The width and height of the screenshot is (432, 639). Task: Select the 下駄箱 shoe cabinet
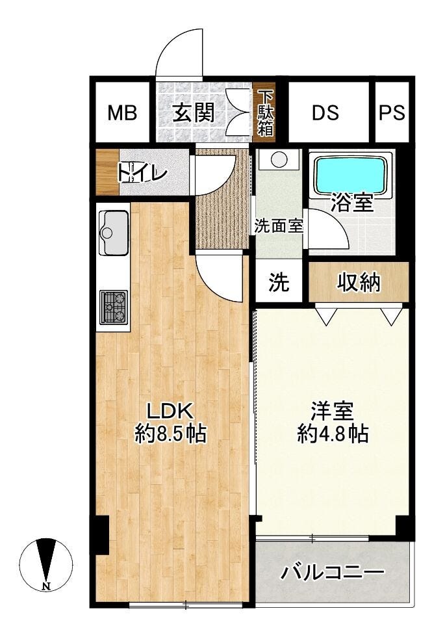coord(265,112)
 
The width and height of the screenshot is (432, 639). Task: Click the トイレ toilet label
coord(142,173)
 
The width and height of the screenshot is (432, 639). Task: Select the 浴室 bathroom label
coord(351,203)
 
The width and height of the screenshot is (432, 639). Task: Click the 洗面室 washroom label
coord(279,226)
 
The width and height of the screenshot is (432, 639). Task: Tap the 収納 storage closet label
coord(359,282)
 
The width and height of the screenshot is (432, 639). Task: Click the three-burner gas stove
coord(114,306)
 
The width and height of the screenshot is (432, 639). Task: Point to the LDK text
coord(170,411)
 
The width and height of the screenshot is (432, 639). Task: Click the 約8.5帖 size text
coord(170,433)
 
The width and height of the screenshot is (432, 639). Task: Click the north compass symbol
coord(46,562)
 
